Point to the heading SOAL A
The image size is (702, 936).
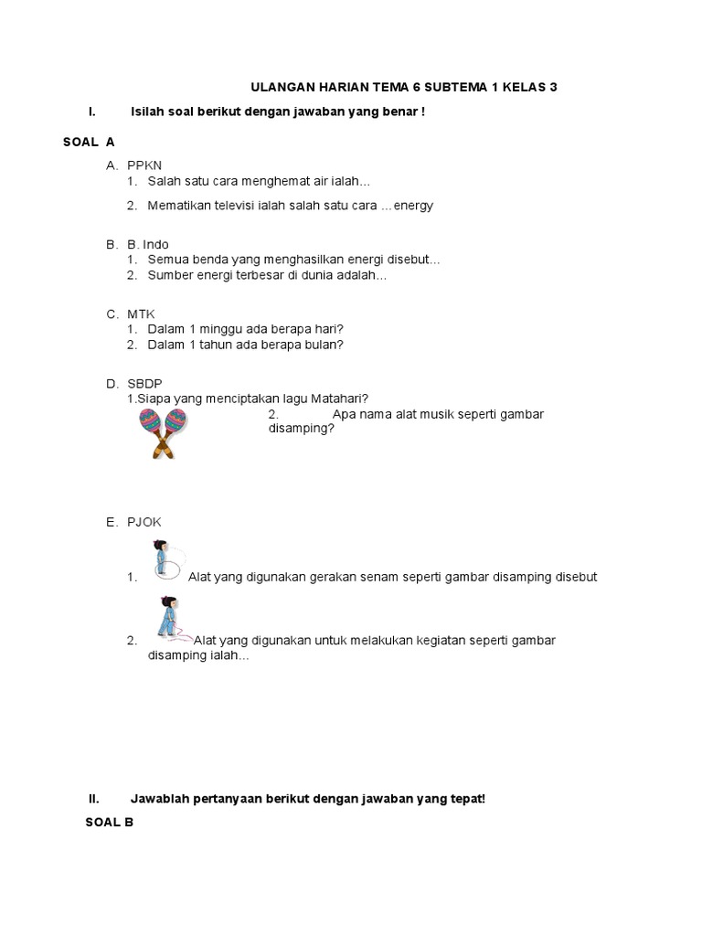coord(89,142)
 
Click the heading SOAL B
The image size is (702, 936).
coord(109,822)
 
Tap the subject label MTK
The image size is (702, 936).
coord(142,314)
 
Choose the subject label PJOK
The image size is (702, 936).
coord(144,522)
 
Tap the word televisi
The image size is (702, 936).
coord(236,206)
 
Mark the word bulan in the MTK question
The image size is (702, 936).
coord(324,345)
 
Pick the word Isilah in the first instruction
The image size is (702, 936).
coord(149,112)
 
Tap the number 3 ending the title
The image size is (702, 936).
coord(553,88)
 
